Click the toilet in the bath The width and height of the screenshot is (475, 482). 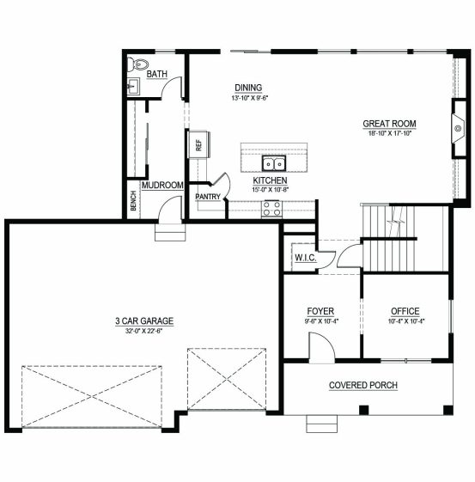[138, 64]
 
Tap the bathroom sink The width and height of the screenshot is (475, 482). [133, 87]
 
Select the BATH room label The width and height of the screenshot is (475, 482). [157, 74]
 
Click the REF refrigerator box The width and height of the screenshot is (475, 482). [198, 145]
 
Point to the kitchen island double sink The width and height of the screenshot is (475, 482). [274, 163]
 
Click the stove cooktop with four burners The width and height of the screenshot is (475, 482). [271, 209]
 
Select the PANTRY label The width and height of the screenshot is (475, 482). [208, 197]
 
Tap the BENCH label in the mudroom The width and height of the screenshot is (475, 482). [133, 201]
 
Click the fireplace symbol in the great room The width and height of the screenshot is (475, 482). [458, 128]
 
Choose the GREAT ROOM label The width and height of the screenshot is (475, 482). [390, 124]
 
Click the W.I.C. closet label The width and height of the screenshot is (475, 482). [306, 258]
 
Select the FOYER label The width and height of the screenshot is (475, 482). [320, 311]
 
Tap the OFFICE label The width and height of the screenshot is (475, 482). [405, 311]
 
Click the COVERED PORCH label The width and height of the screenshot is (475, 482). [363, 385]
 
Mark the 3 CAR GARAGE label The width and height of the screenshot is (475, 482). [144, 321]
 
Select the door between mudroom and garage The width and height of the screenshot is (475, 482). [169, 208]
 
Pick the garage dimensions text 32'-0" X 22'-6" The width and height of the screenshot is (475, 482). [143, 332]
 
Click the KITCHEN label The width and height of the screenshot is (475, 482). [270, 180]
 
